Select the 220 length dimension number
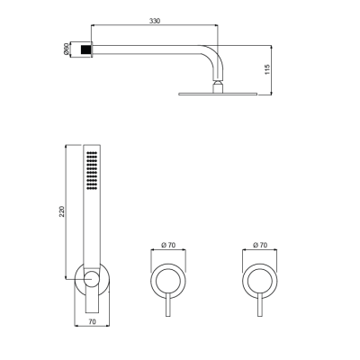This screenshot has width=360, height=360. click(59, 211)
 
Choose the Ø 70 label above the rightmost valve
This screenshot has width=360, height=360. click(261, 245)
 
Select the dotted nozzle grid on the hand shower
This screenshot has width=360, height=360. click(92, 171)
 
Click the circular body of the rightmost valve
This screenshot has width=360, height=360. click(261, 281)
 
